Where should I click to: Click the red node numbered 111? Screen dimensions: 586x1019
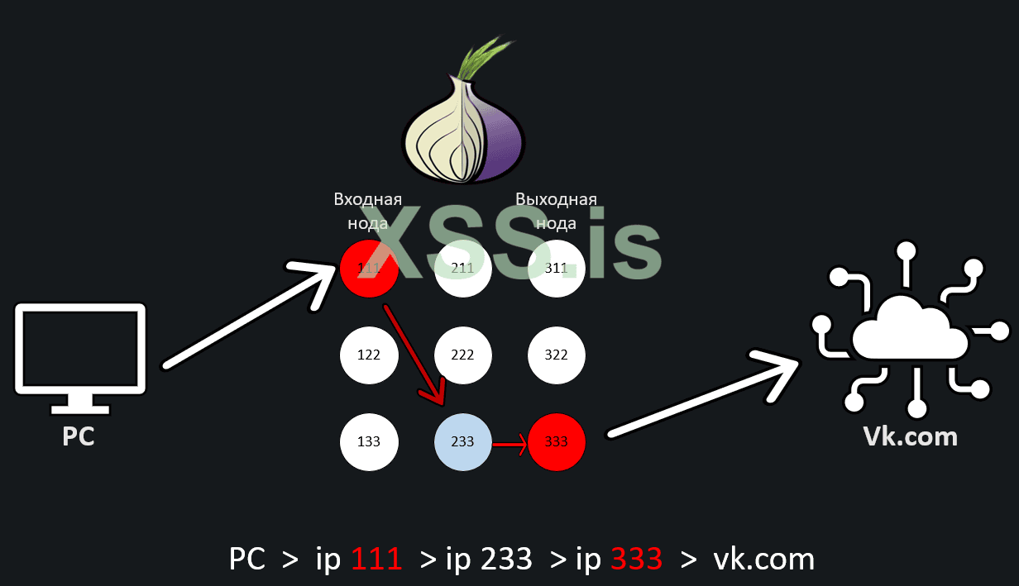click(x=369, y=268)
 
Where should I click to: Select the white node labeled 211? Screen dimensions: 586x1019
click(x=462, y=268)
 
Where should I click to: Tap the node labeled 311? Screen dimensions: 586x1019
click(x=557, y=268)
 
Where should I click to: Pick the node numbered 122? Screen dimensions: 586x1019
click(x=369, y=355)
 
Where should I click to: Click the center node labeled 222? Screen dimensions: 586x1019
click(x=462, y=355)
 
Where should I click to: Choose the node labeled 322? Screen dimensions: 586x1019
click(x=557, y=355)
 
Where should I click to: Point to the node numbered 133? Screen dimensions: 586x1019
click(x=369, y=441)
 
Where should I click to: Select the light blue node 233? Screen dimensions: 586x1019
click(x=462, y=441)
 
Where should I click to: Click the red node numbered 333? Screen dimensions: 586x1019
click(x=557, y=441)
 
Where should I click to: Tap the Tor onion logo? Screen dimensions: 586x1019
click(x=463, y=116)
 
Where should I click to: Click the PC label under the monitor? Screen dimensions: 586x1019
click(x=79, y=436)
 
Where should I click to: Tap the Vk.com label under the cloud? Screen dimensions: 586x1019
click(x=911, y=436)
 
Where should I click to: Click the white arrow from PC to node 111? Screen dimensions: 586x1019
click(x=248, y=318)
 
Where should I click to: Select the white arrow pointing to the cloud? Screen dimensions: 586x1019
click(x=703, y=397)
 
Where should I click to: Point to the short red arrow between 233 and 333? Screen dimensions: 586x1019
click(x=509, y=447)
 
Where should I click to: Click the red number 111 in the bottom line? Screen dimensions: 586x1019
click(x=377, y=560)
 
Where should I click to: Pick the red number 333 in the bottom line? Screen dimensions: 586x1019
click(x=637, y=560)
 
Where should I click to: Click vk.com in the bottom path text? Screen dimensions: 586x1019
click(x=763, y=560)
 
